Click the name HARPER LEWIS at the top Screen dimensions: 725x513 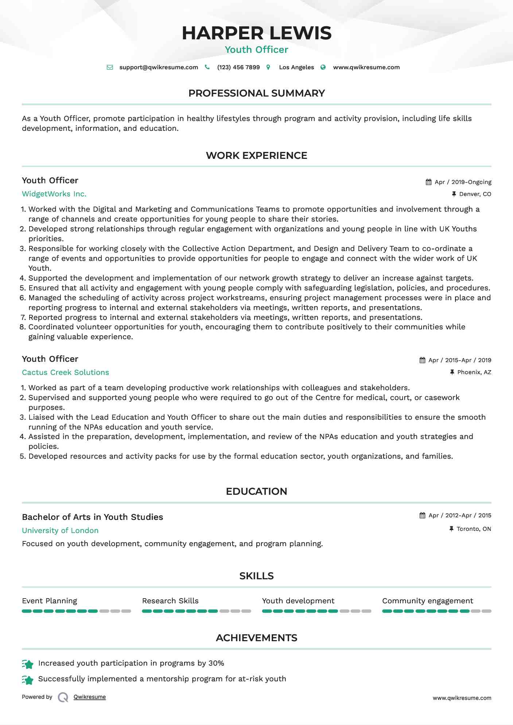[x=256, y=33]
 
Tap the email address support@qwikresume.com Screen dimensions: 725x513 [x=159, y=67]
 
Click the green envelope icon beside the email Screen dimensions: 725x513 [x=110, y=67]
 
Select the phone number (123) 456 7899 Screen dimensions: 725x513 [x=238, y=67]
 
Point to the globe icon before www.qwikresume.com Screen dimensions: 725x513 [x=323, y=67]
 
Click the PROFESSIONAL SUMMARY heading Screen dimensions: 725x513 [x=256, y=93]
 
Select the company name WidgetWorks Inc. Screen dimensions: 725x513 [x=54, y=194]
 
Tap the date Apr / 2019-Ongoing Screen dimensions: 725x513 [x=463, y=182]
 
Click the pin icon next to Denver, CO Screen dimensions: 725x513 [x=454, y=194]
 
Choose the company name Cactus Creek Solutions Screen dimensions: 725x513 [x=65, y=372]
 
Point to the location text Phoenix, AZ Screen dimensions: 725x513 [x=474, y=372]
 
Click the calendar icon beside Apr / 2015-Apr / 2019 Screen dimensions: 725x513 [x=422, y=360]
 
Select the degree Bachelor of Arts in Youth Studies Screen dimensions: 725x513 [x=92, y=517]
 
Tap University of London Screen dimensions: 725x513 [x=60, y=530]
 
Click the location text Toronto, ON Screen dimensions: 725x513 [x=474, y=529]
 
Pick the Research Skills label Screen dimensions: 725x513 [x=170, y=601]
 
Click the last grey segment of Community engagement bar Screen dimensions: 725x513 [x=486, y=611]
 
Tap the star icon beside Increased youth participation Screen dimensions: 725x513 [x=28, y=664]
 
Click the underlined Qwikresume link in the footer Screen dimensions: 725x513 [x=90, y=697]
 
